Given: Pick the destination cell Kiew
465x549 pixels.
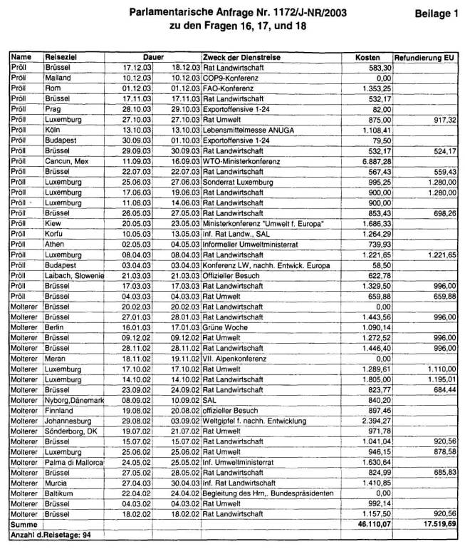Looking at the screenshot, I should tap(56, 223).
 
